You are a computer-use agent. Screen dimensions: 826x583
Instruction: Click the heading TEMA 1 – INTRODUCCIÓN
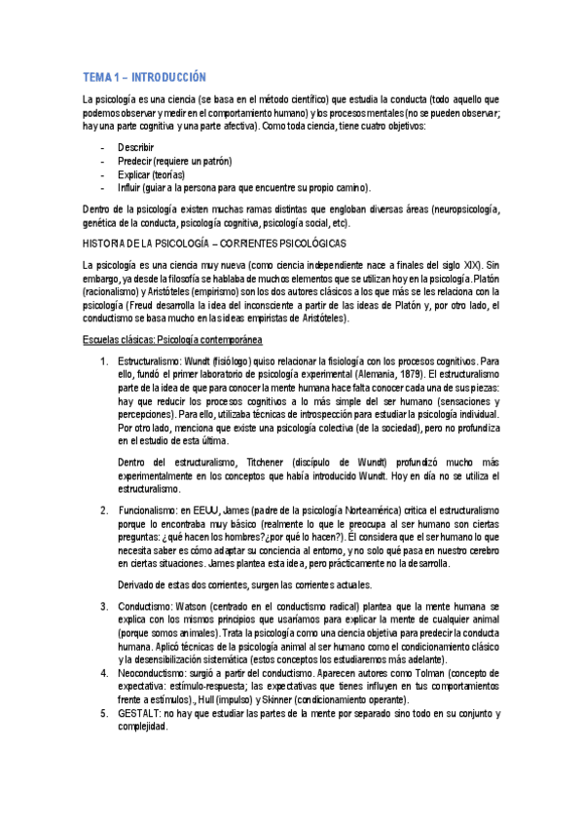click(144, 77)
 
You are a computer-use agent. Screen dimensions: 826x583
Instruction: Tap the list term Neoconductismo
click(161, 672)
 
